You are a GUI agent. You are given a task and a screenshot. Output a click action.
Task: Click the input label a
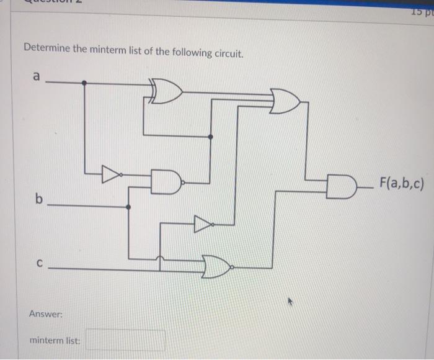click(x=37, y=77)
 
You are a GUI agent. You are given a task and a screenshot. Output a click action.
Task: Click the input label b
click(x=40, y=199)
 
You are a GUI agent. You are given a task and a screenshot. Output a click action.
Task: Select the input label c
click(x=39, y=263)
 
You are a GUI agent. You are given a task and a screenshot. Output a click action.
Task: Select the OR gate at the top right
click(x=285, y=101)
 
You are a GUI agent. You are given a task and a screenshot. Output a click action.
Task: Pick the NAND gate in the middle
click(x=167, y=181)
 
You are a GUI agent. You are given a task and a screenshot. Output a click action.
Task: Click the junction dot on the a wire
click(x=84, y=82)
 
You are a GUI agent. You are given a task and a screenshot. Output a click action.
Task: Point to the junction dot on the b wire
click(x=128, y=207)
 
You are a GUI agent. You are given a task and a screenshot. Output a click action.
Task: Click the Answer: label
click(x=46, y=314)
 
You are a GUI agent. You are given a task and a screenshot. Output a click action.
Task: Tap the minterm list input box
click(x=125, y=340)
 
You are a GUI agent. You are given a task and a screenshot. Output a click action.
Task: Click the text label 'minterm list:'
click(x=55, y=340)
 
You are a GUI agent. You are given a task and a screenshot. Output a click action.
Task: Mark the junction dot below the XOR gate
click(x=211, y=136)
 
